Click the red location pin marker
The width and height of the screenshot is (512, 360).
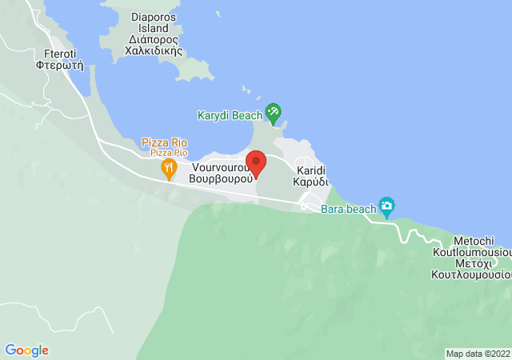click(255, 163)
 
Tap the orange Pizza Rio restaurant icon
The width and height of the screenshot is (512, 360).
click(168, 168)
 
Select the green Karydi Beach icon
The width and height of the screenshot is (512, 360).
click(274, 114)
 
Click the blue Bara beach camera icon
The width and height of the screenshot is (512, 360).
click(387, 207)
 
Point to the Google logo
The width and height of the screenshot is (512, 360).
click(26, 350)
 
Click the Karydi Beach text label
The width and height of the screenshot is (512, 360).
click(230, 115)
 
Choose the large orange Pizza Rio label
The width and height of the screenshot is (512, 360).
click(165, 142)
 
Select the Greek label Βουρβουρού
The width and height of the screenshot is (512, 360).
click(222, 180)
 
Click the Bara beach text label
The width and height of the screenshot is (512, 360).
click(348, 209)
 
